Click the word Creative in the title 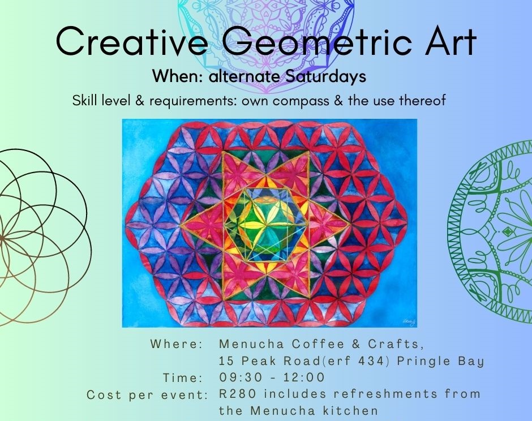tap(132, 42)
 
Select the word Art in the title tap(449, 42)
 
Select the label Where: tap(177, 344)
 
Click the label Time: tap(183, 378)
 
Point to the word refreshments tap(385, 394)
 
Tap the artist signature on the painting tap(409, 321)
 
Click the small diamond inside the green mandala tap(507, 232)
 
